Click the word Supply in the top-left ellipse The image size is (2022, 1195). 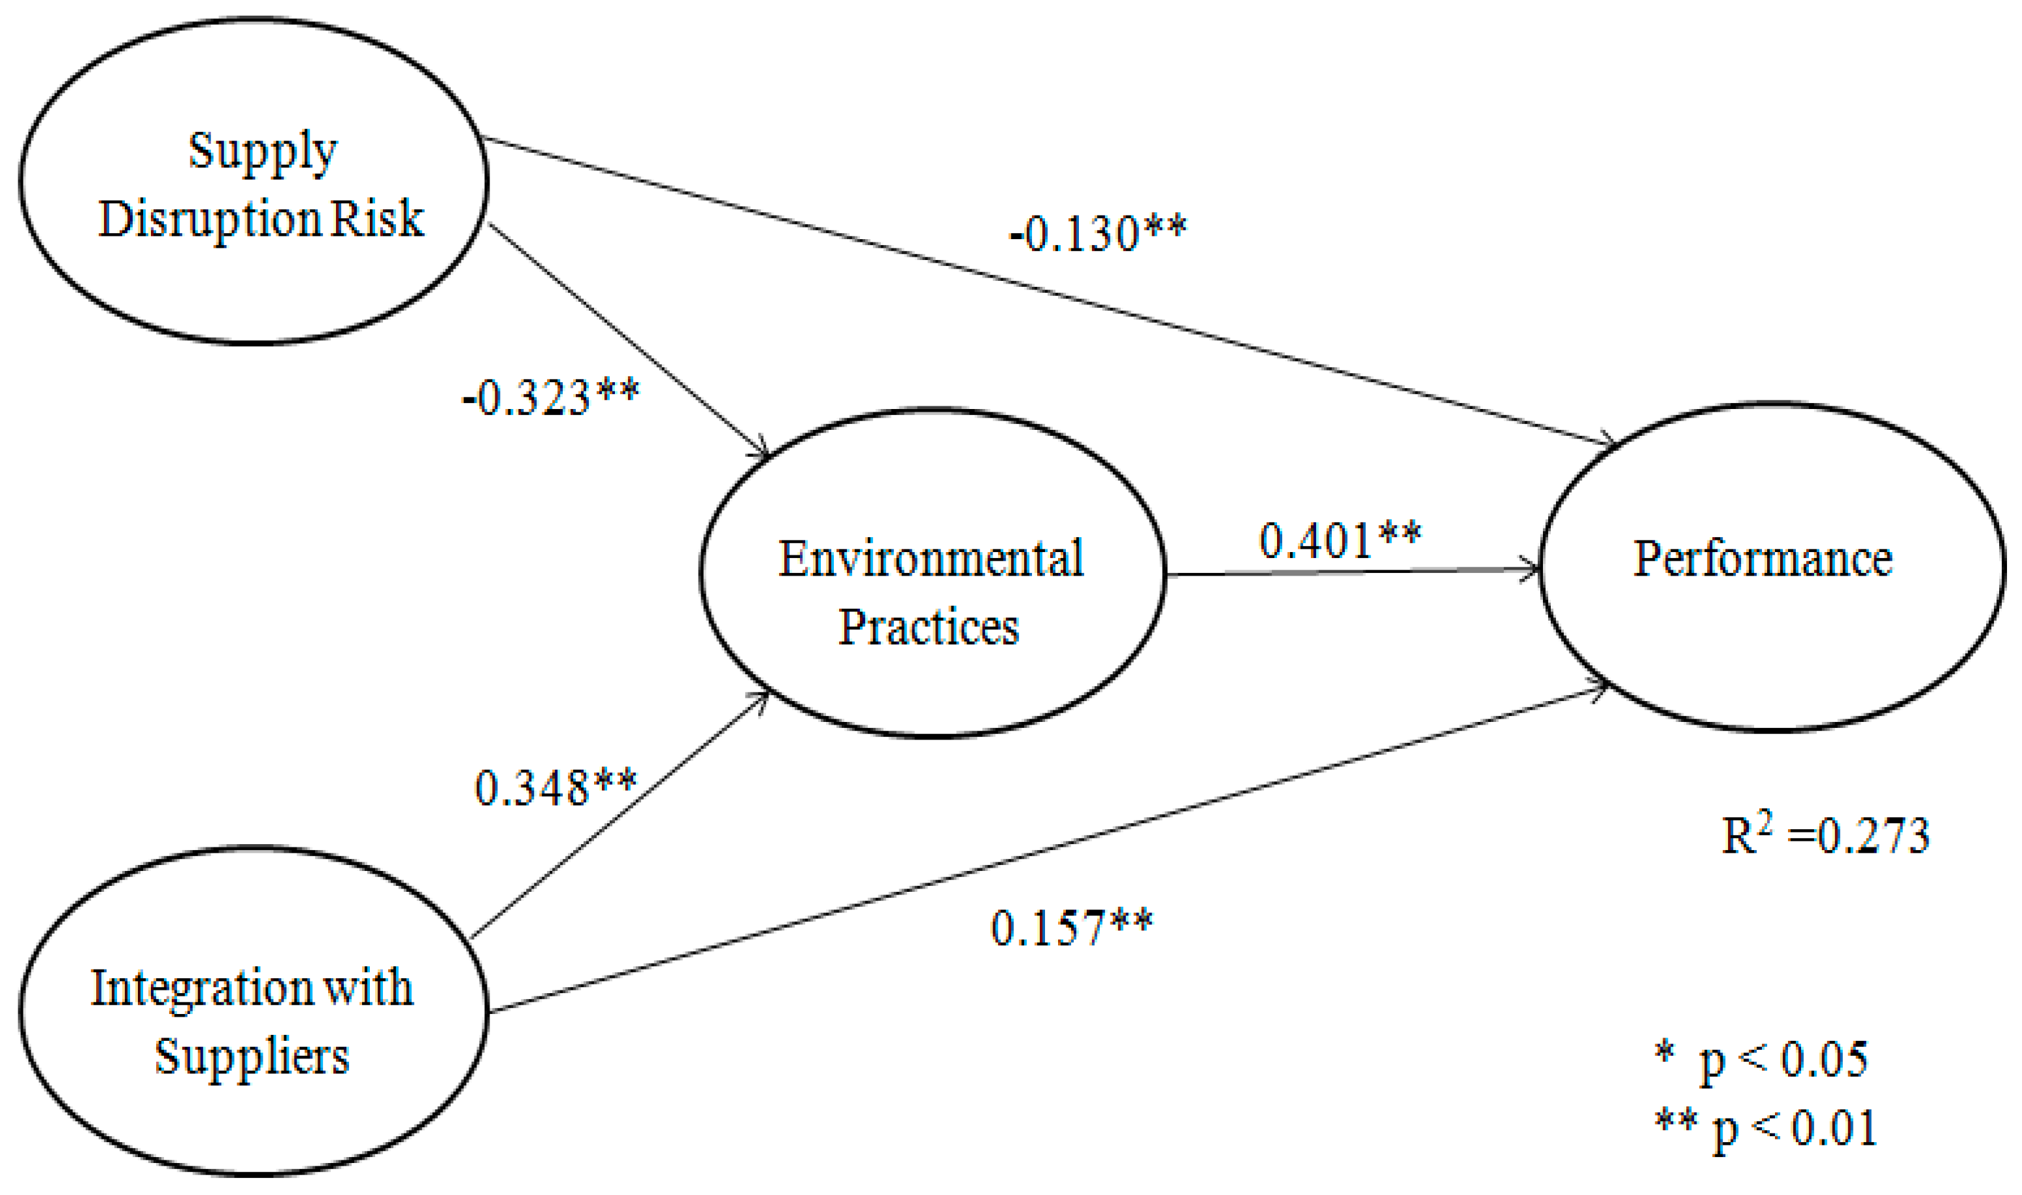263,152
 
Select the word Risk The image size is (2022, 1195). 376,218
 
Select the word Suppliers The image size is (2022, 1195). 252,1056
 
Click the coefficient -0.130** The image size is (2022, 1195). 1097,233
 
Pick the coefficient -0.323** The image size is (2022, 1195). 551,398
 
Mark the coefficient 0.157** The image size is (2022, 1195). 1072,928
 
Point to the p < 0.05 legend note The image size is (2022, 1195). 1761,1060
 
